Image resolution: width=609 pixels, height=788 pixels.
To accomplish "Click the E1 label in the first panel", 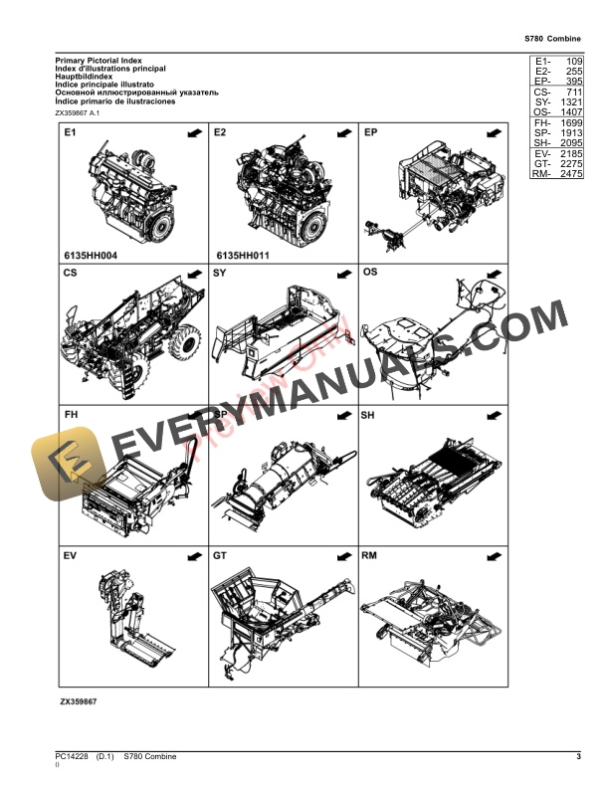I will [70, 131].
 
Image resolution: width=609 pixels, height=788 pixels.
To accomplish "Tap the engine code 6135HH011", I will [242, 256].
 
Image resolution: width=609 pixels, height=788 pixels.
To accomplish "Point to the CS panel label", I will [70, 272].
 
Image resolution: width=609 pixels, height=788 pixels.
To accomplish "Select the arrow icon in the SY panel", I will [341, 272].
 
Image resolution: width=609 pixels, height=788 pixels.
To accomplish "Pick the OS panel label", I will [369, 272].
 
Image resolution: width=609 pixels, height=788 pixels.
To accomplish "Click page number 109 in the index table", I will [572, 61].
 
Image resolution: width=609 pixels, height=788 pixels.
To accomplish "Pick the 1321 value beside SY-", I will [570, 102].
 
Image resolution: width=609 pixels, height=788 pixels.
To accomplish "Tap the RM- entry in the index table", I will [541, 174].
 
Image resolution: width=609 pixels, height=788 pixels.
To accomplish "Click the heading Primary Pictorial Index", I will [98, 61].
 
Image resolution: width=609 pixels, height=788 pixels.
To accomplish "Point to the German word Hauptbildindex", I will [85, 78].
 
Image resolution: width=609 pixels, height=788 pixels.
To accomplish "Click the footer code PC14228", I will [72, 757].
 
